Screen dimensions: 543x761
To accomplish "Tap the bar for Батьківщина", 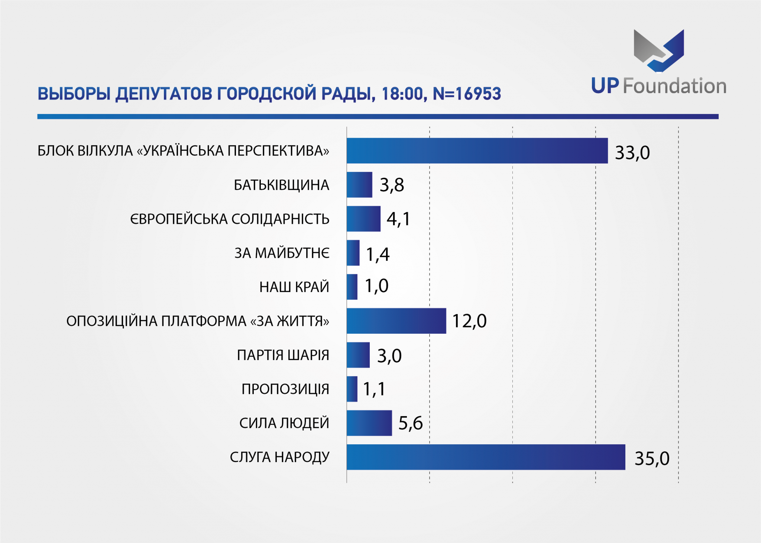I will click(359, 185).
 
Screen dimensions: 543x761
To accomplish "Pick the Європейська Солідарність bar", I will click(363, 219).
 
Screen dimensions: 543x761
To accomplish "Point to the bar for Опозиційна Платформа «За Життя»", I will click(396, 321).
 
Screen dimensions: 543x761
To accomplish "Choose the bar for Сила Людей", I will click(369, 423).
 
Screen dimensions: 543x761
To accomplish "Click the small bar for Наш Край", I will click(352, 287).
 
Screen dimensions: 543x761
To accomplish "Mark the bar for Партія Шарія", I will click(358, 355).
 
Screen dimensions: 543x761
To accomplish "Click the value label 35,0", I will click(652, 458).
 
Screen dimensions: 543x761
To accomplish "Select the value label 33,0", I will click(632, 153).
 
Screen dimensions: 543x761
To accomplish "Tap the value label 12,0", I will click(469, 321).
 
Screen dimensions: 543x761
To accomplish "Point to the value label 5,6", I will click(410, 423).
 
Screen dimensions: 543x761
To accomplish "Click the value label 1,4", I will click(378, 255).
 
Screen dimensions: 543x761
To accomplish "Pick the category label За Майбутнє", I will click(282, 253).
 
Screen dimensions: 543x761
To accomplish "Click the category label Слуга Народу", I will click(279, 457).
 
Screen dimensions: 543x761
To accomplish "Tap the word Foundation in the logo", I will click(674, 86).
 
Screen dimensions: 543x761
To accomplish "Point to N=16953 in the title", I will click(467, 94).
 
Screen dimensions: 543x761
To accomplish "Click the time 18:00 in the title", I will click(402, 94).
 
